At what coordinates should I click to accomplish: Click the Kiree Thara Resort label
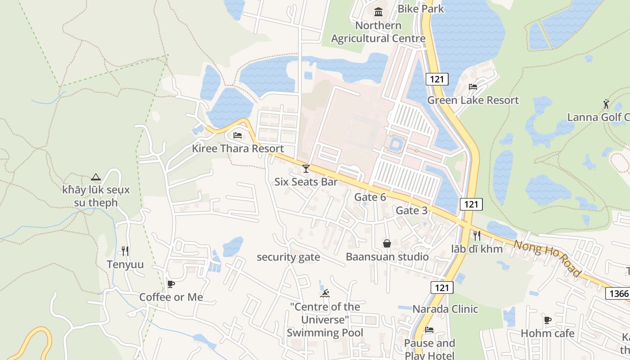pyautogui.click(x=238, y=148)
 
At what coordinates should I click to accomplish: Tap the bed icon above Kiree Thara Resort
pyautogui.click(x=238, y=135)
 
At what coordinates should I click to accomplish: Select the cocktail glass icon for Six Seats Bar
pyautogui.click(x=306, y=169)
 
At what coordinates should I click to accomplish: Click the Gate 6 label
pyautogui.click(x=370, y=197)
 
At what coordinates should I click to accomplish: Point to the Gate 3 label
pyautogui.click(x=411, y=211)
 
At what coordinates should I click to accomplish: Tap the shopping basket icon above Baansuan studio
pyautogui.click(x=387, y=243)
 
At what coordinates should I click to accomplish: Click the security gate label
pyautogui.click(x=288, y=257)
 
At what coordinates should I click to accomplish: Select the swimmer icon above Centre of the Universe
pyautogui.click(x=324, y=294)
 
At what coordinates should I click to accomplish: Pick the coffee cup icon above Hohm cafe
pyautogui.click(x=547, y=320)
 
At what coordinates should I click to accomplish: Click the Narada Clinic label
pyautogui.click(x=445, y=309)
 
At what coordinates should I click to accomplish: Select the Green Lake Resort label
pyautogui.click(x=472, y=100)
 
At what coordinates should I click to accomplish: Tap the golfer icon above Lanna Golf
pyautogui.click(x=606, y=104)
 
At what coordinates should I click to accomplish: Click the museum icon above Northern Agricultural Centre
pyautogui.click(x=378, y=12)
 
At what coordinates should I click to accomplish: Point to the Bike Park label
pyautogui.click(x=420, y=9)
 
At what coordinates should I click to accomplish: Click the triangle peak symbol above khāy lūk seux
pyautogui.click(x=95, y=177)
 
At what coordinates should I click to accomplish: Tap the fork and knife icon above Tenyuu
pyautogui.click(x=125, y=251)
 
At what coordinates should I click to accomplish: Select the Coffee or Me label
pyautogui.click(x=171, y=297)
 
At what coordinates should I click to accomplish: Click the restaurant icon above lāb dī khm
pyautogui.click(x=477, y=235)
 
